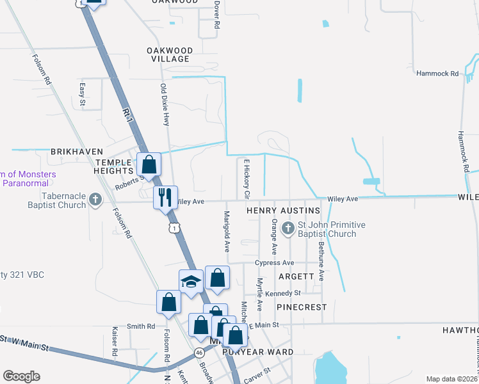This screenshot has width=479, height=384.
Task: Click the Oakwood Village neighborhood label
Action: click(169, 54)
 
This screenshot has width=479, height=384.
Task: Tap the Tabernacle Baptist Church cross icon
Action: click(95, 200)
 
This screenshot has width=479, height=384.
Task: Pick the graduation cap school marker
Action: click(191, 282)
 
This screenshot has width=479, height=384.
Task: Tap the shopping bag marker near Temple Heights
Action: click(149, 164)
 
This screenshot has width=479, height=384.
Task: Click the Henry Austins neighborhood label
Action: click(283, 211)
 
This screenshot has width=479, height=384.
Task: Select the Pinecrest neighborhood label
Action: click(302, 307)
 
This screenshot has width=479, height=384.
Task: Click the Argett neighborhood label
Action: click(296, 276)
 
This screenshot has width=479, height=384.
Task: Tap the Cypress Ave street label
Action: click(274, 263)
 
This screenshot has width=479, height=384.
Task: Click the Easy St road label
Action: click(82, 94)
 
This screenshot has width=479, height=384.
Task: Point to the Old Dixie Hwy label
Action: click(164, 104)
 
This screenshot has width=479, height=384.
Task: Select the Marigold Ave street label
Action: click(226, 231)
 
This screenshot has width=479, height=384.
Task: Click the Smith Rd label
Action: click(141, 326)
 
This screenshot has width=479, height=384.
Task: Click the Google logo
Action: click(22, 376)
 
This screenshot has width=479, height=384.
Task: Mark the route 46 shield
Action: click(200, 352)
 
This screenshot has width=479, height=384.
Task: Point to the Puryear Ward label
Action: click(257, 352)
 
